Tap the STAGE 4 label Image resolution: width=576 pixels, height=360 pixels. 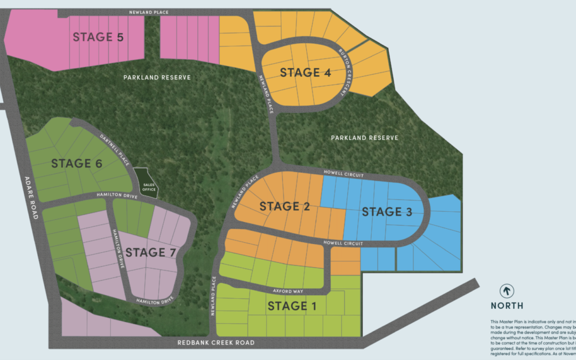[306, 73]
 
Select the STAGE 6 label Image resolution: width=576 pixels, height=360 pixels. [77, 164]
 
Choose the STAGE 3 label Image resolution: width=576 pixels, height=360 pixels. [387, 212]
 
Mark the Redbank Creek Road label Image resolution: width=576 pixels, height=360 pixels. [216, 342]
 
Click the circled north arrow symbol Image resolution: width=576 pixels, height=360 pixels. [507, 291]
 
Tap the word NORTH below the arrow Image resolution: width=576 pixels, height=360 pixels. [507, 306]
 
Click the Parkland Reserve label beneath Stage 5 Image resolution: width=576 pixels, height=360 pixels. [157, 77]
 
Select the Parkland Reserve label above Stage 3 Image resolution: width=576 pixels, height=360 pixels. [364, 138]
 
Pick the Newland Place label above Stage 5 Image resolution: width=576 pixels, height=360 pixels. [149, 12]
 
